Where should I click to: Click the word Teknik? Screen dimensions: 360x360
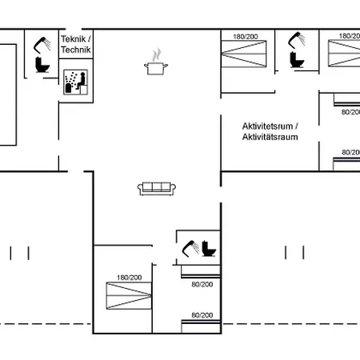73,39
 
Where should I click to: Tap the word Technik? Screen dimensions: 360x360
76,50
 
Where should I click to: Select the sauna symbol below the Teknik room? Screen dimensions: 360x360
75,82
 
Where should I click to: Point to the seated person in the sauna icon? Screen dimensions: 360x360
82,81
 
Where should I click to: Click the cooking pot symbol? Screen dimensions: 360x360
156,68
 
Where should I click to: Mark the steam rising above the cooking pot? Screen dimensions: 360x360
157,55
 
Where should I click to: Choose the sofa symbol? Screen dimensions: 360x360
157,189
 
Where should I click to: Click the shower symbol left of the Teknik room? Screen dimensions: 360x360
42,45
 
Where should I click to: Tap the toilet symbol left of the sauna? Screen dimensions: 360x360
42,65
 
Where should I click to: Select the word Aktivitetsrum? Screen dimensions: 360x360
267,126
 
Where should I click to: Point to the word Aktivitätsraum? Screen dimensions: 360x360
270,137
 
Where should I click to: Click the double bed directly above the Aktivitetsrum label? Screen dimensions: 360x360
244,54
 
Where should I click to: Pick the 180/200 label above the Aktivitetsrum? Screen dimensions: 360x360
246,37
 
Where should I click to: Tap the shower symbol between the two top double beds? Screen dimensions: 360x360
297,40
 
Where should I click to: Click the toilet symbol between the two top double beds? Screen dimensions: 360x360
297,60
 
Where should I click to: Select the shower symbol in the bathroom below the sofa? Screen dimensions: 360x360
190,249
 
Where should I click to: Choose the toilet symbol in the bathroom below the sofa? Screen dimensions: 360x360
209,249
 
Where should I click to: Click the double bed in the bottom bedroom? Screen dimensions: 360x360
129,295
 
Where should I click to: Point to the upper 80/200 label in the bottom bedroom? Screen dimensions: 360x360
202,285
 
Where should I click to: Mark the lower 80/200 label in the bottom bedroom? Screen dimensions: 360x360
202,315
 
